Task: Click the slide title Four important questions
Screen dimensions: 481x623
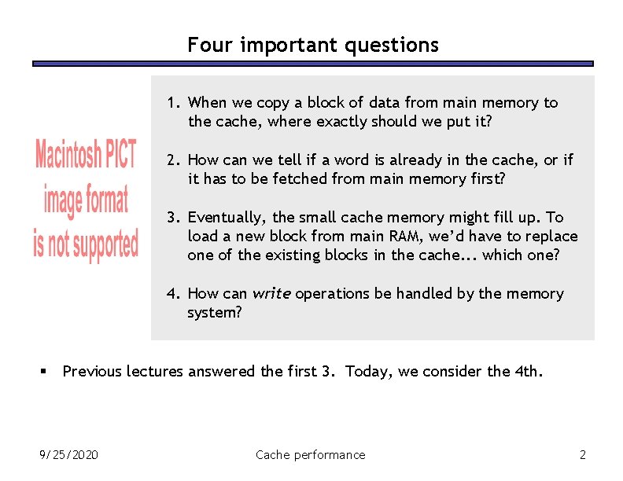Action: (x=312, y=45)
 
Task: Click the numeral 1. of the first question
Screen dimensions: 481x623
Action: (x=173, y=102)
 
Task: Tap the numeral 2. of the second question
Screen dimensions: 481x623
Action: (x=173, y=160)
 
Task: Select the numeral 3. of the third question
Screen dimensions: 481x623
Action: (x=173, y=217)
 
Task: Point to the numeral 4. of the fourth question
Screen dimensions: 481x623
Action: (x=173, y=293)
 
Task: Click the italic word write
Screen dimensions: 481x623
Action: (x=271, y=293)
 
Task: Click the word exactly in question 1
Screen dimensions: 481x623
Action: (x=339, y=121)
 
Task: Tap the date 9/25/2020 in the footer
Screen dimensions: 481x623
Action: (x=69, y=454)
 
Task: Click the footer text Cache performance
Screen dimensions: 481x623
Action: (x=311, y=454)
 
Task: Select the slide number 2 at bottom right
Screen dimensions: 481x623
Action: (x=582, y=454)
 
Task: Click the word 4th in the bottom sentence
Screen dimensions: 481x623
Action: (x=527, y=371)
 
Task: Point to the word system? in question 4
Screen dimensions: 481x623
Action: (x=212, y=312)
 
